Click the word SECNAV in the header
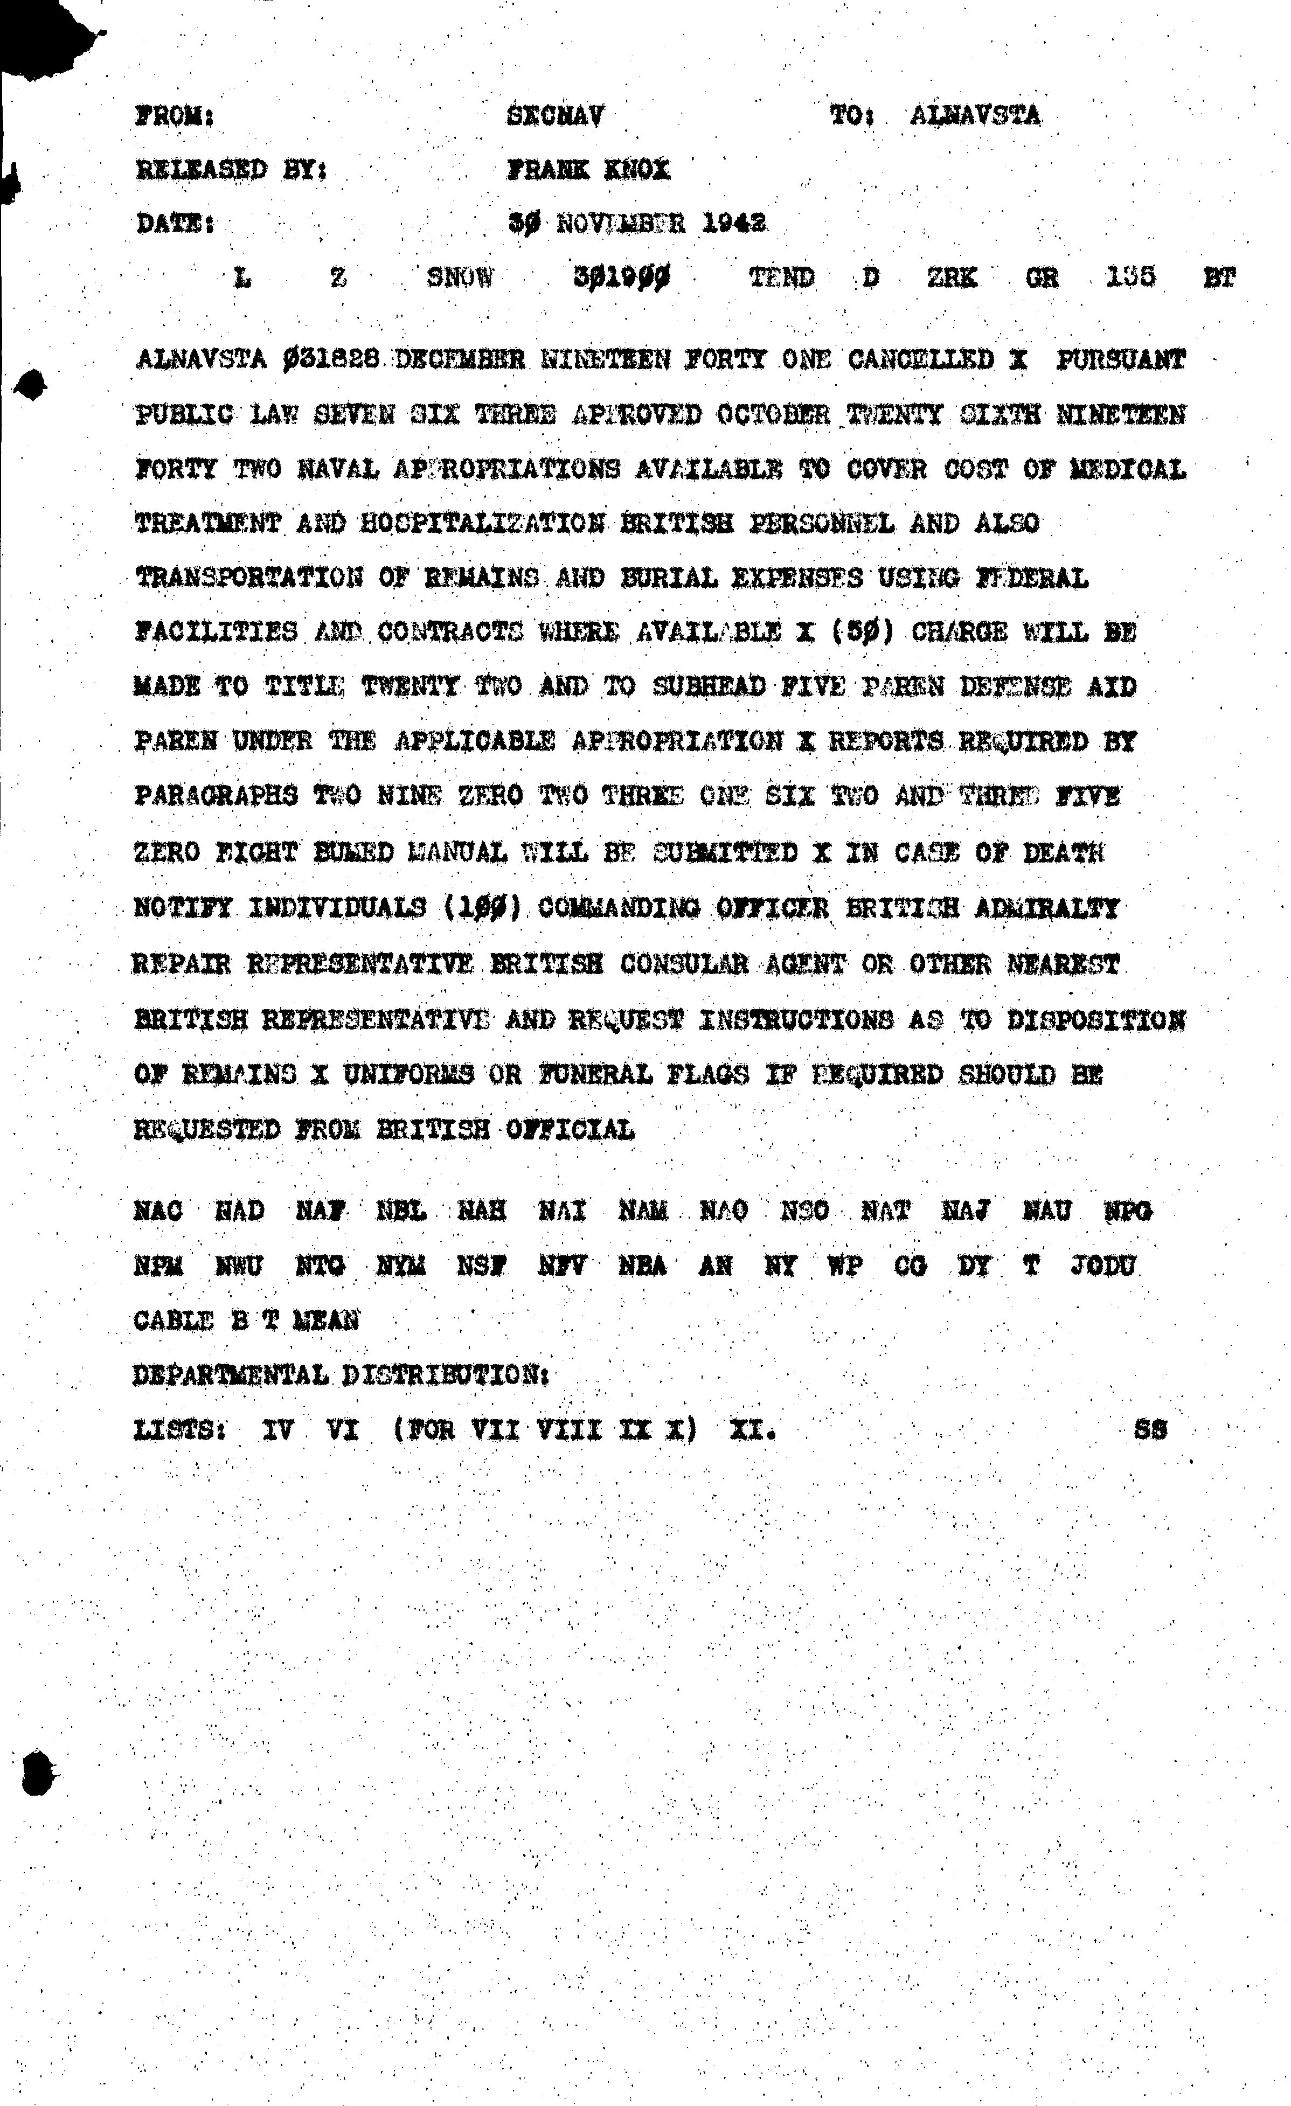pyautogui.click(x=555, y=115)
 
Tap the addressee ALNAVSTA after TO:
pyautogui.click(x=975, y=115)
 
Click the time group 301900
pyautogui.click(x=622, y=277)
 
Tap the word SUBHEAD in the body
pyautogui.click(x=708, y=686)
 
